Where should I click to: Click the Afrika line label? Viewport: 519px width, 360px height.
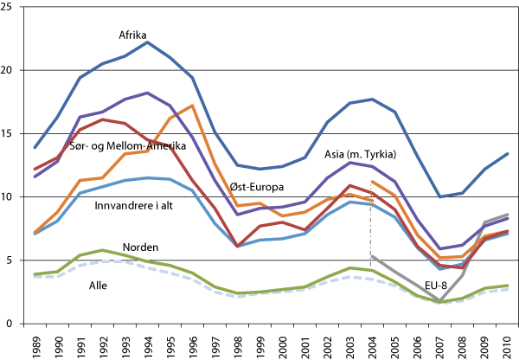click(134, 35)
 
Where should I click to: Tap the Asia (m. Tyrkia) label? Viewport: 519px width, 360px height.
click(360, 155)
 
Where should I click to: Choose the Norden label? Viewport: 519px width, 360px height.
click(140, 247)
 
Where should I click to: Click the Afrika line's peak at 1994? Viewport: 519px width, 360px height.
click(148, 42)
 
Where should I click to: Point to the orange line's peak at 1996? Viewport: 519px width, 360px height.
click(193, 106)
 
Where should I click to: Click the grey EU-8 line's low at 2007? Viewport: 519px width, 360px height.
click(439, 301)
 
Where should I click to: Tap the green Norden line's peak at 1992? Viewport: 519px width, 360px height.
click(103, 250)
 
